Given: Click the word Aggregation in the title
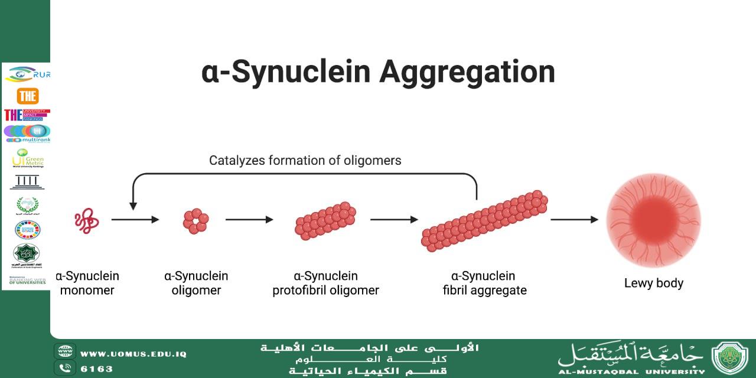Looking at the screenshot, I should pyautogui.click(x=467, y=73).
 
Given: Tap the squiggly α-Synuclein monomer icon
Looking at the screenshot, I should pyautogui.click(x=86, y=220).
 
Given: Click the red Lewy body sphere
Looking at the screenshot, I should pyautogui.click(x=653, y=220).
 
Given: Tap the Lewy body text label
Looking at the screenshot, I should pyautogui.click(x=653, y=283).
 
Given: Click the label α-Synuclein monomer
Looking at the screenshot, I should pyautogui.click(x=87, y=283).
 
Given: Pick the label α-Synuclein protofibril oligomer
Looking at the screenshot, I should pyautogui.click(x=325, y=283).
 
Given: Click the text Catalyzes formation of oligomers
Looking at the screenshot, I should pyautogui.click(x=305, y=160).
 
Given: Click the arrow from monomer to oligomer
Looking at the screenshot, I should pyautogui.click(x=135, y=220).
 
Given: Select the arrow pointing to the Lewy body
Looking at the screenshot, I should pyautogui.click(x=574, y=220).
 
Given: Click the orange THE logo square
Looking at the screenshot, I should pyautogui.click(x=28, y=96).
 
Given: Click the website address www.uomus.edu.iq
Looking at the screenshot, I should pyautogui.click(x=133, y=354).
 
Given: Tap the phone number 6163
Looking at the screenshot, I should pyautogui.click(x=96, y=369).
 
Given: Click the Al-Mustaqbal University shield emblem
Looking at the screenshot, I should pyautogui.click(x=729, y=358).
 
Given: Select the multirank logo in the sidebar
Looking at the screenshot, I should pyautogui.click(x=27, y=133).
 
